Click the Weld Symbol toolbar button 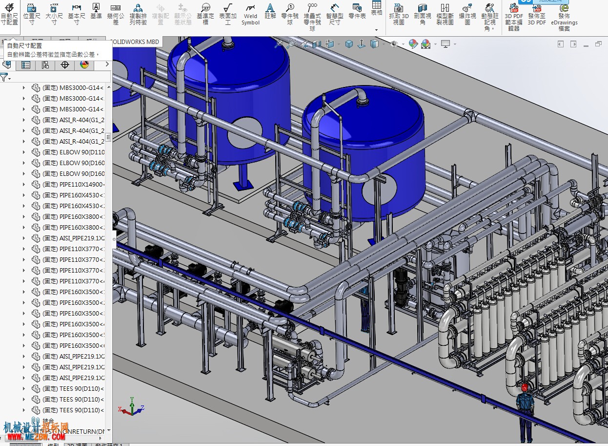point(250,14)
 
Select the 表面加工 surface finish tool point(227,14)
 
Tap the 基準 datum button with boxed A point(96,11)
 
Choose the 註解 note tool point(270,11)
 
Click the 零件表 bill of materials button point(357,11)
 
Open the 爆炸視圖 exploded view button point(467,14)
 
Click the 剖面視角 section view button point(423,14)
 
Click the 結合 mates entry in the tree point(48,421)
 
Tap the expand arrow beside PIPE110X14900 point(24,185)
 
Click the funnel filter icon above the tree point(4,77)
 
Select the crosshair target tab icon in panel point(64,65)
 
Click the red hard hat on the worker point(525,387)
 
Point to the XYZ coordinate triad point(130,407)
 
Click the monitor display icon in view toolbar point(445,44)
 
